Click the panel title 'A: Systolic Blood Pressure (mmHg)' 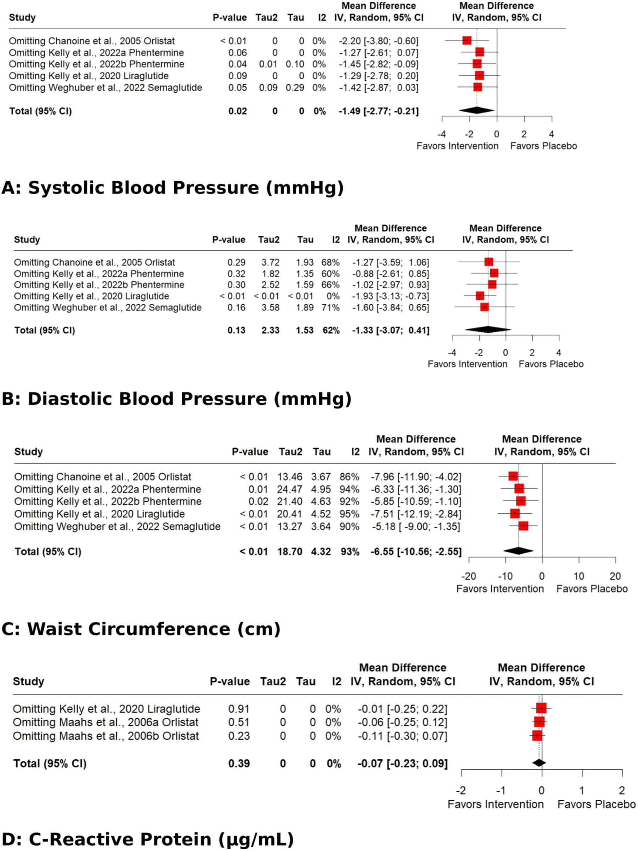(x=173, y=188)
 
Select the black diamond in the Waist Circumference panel (x=518, y=551)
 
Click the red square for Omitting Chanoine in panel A (x=467, y=40)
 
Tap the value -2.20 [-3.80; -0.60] (x=378, y=41)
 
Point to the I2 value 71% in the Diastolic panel (x=331, y=307)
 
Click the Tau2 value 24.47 (x=289, y=489)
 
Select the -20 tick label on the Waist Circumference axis (x=468, y=576)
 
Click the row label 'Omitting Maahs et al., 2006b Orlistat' (x=106, y=736)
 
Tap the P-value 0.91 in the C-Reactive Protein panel (x=239, y=709)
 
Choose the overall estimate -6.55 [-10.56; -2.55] (x=416, y=551)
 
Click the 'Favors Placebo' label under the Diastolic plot (x=551, y=364)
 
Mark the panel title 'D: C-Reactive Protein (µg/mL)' (x=147, y=839)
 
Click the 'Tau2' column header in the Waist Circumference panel (x=290, y=451)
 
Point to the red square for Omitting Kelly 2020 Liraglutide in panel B (x=480, y=296)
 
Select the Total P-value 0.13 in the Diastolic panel (x=236, y=330)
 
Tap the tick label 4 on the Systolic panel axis (x=551, y=134)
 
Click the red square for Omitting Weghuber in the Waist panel (x=523, y=526)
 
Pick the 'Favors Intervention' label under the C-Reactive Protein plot (x=495, y=804)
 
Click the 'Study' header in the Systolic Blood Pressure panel (x=22, y=17)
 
